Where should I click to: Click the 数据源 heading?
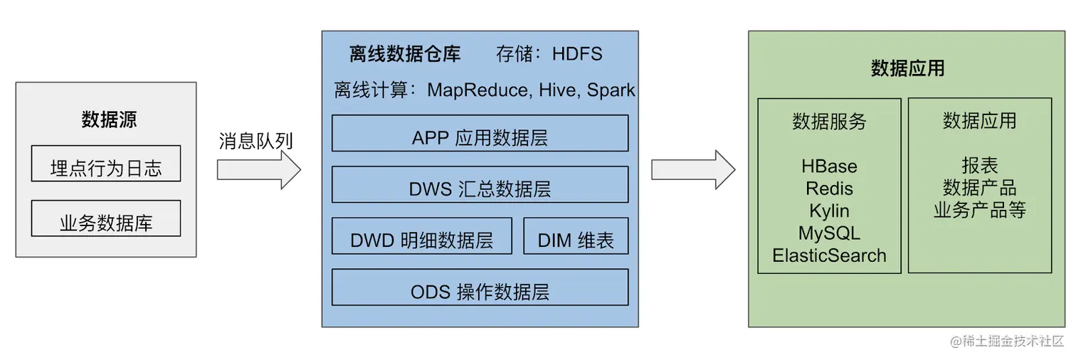109,120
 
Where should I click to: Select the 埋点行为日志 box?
106,163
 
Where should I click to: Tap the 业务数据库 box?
106,218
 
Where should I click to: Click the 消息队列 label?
255,141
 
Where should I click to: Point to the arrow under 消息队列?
259,170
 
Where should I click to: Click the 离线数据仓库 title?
405,54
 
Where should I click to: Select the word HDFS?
577,54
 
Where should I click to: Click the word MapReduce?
480,90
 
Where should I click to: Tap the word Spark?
611,90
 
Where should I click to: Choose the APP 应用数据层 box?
480,133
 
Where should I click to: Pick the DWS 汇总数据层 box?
480,184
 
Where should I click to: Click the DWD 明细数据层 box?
422,235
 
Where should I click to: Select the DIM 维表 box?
576,235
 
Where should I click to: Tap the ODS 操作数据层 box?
480,287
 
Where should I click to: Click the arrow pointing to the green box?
693,170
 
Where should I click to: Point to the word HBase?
829,166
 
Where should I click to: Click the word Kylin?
829,211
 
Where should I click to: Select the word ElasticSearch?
829,255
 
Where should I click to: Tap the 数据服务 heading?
829,122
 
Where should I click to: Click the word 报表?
980,166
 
